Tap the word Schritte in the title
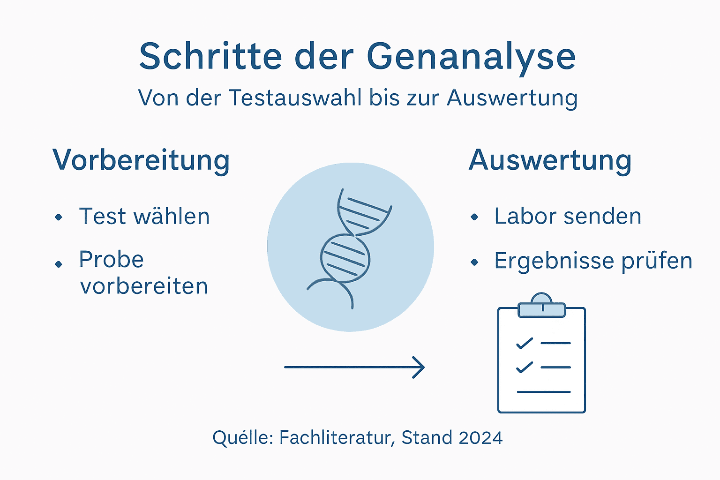click(x=210, y=56)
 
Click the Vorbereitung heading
click(x=141, y=160)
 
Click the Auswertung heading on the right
click(x=550, y=160)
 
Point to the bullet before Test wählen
click(x=59, y=217)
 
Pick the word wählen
click(x=171, y=217)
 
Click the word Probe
click(x=111, y=259)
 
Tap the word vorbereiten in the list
click(x=144, y=286)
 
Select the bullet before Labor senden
click(x=474, y=217)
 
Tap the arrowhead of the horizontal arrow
click(x=419, y=367)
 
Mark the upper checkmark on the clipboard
click(x=524, y=344)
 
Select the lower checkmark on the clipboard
click(x=524, y=367)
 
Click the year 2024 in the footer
click(x=480, y=438)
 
